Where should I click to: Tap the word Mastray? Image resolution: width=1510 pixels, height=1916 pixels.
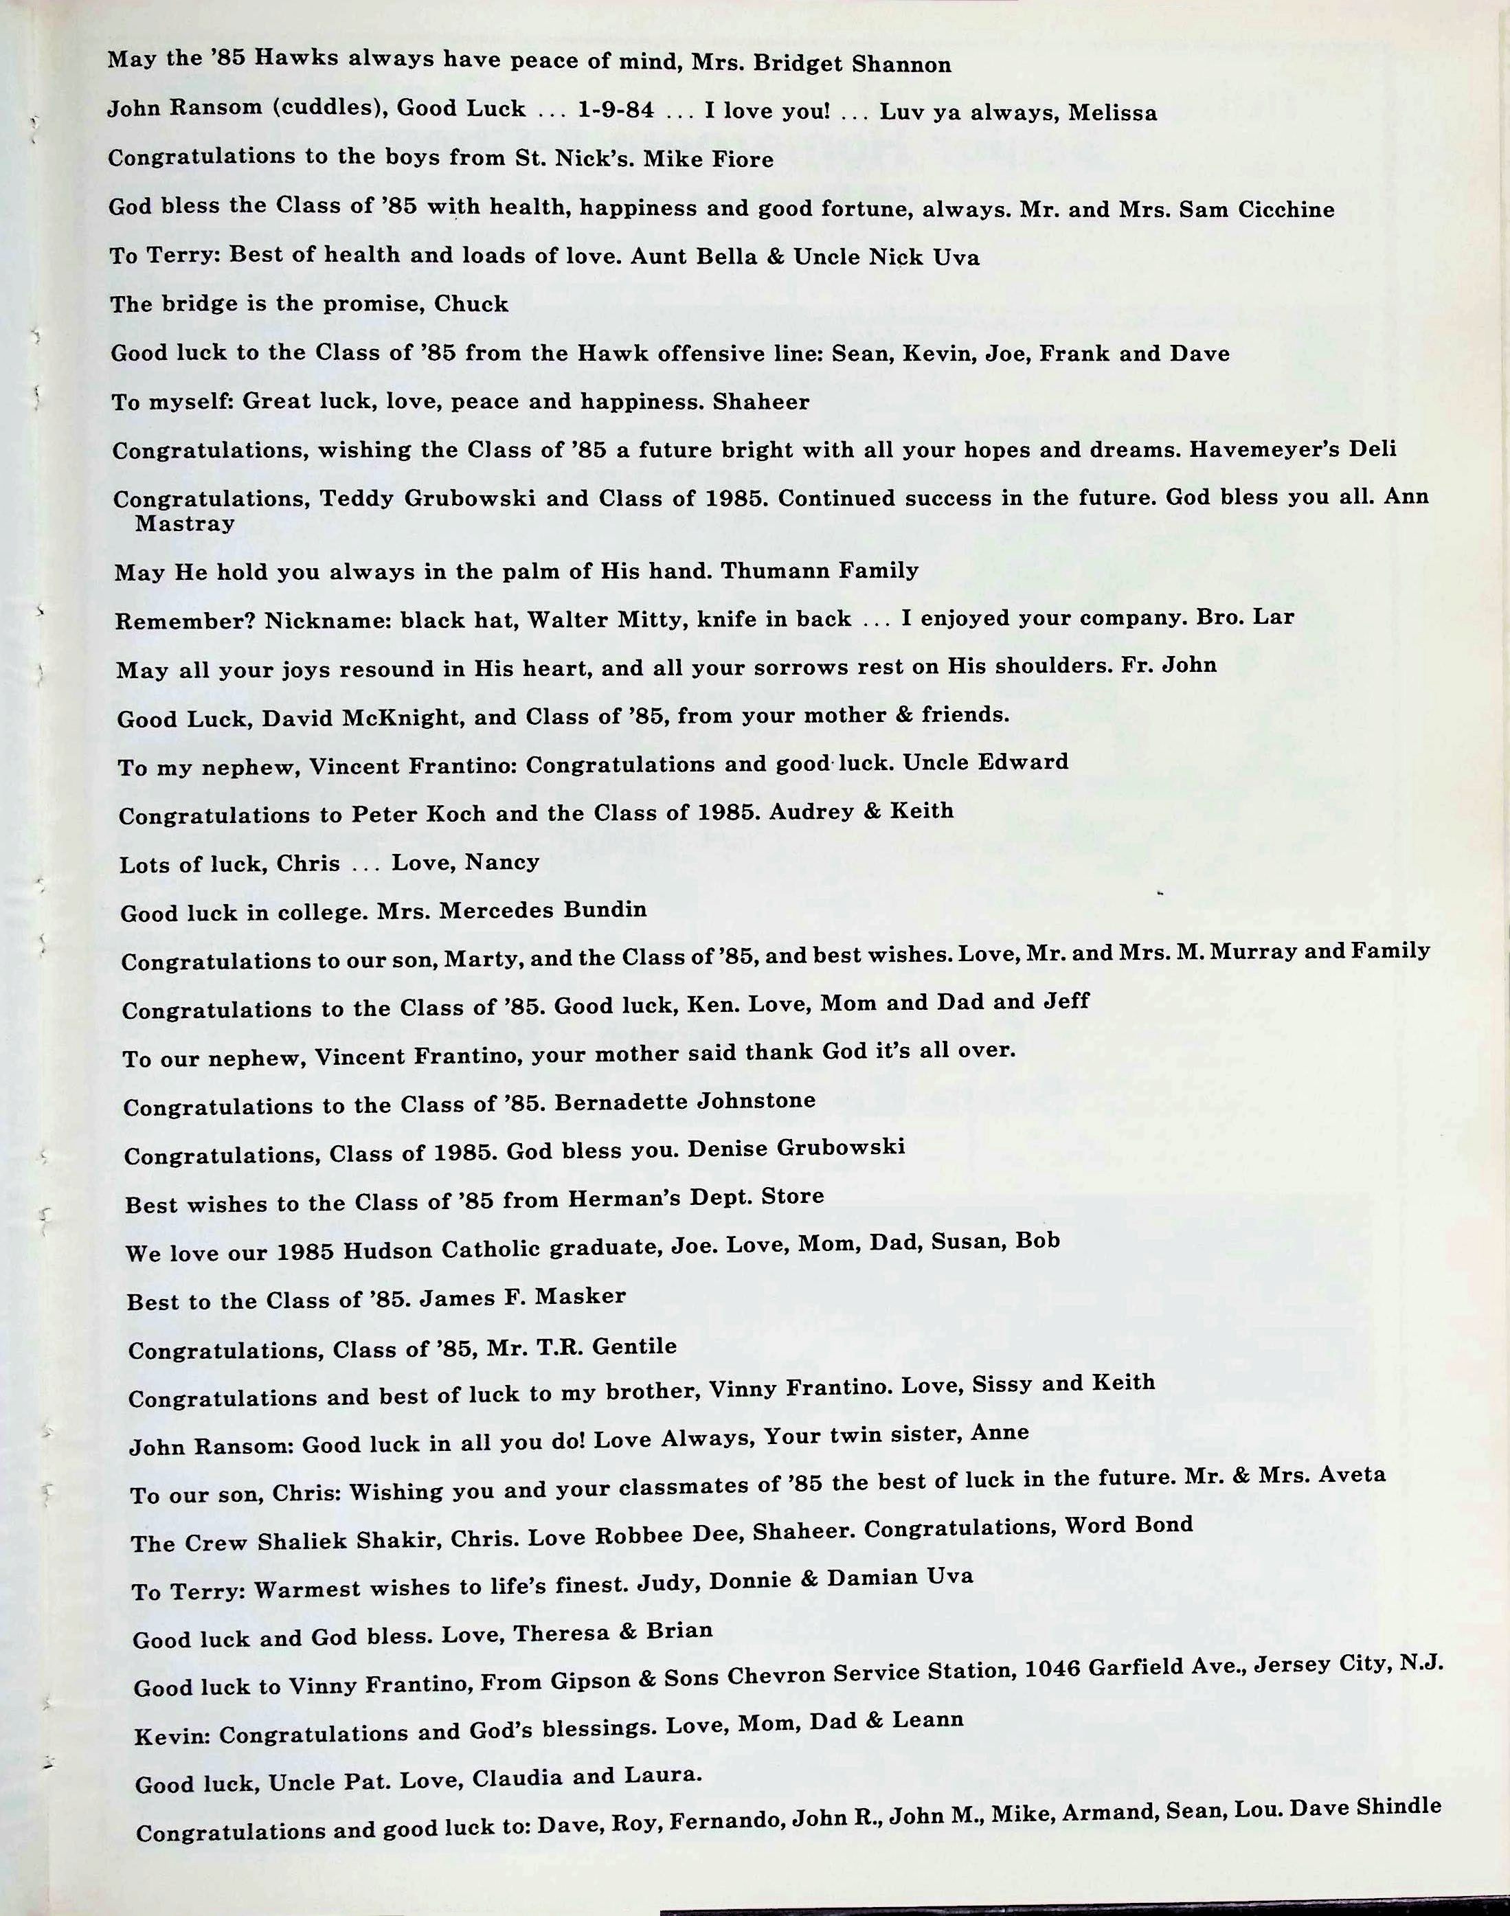(185, 523)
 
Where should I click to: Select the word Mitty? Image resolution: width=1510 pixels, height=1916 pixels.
(644, 620)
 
